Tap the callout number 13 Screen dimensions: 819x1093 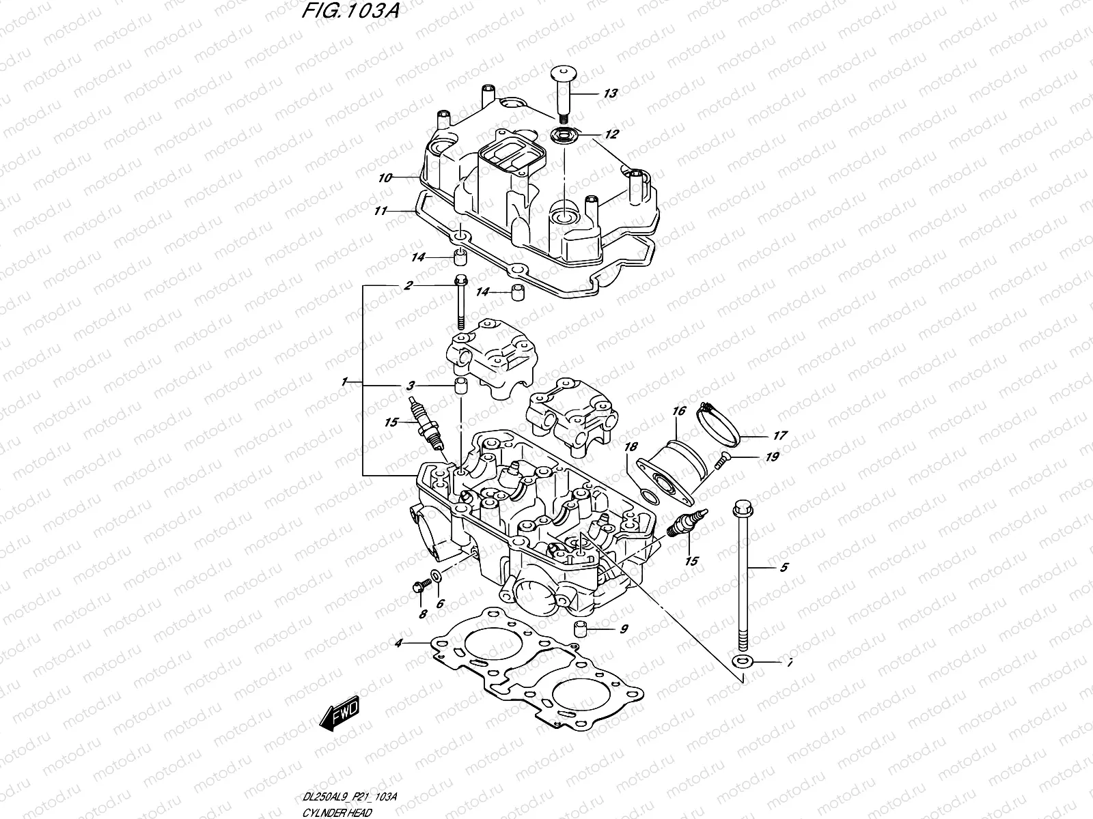(610, 93)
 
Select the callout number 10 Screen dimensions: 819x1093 (385, 178)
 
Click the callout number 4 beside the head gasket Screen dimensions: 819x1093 (399, 642)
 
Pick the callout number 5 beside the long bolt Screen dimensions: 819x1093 (784, 567)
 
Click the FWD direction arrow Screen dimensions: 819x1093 (339, 716)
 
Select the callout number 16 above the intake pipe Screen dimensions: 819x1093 (678, 412)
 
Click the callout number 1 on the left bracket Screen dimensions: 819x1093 (346, 380)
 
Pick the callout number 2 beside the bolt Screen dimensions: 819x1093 (407, 286)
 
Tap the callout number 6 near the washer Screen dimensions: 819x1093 (440, 603)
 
